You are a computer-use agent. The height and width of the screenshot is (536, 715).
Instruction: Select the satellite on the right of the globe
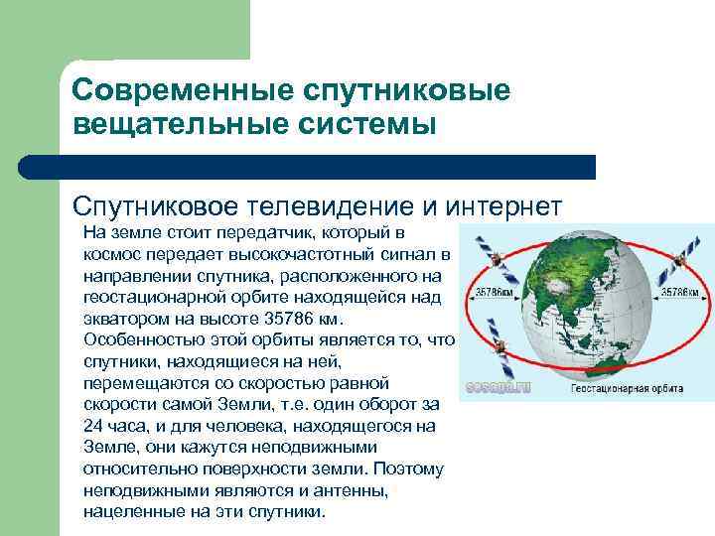pyautogui.click(x=680, y=257)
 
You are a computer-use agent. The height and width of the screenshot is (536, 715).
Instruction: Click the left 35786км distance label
pyautogui.click(x=495, y=293)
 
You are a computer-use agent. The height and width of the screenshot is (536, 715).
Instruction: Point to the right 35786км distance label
pyautogui.click(x=681, y=292)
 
